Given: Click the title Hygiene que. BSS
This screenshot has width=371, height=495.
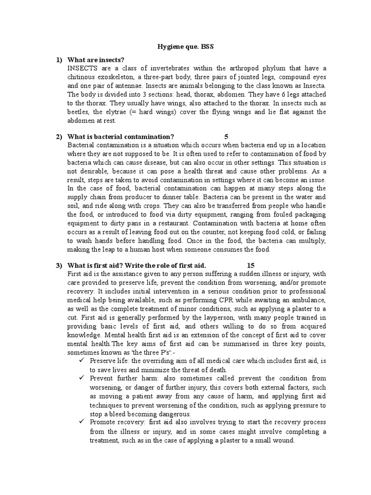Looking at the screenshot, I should (x=185, y=47).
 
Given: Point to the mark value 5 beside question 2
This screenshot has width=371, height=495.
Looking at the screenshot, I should (x=226, y=137).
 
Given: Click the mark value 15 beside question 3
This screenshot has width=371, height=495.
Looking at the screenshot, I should (x=250, y=265).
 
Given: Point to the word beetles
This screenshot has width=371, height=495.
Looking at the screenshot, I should (x=79, y=112).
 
